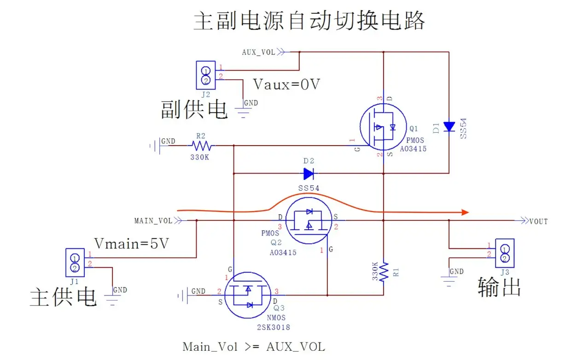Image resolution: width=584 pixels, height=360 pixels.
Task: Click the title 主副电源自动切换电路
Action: [309, 21]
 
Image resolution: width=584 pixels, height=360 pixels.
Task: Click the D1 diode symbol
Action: [449, 126]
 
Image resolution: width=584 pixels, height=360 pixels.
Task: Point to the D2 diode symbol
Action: [309, 174]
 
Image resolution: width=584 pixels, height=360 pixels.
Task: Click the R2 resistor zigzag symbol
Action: [201, 146]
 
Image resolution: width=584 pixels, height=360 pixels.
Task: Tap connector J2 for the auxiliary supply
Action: [206, 75]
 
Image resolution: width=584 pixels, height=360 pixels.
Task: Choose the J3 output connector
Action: [505, 253]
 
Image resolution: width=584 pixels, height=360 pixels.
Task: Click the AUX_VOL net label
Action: [258, 52]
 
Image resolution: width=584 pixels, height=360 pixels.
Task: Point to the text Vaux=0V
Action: [286, 84]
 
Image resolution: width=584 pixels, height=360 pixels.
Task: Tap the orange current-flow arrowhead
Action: [465, 212]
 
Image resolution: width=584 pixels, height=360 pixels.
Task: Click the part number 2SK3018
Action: [274, 327]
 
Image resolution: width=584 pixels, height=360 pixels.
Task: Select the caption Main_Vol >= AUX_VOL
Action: [253, 347]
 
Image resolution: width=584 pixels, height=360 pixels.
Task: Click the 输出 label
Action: [499, 287]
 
